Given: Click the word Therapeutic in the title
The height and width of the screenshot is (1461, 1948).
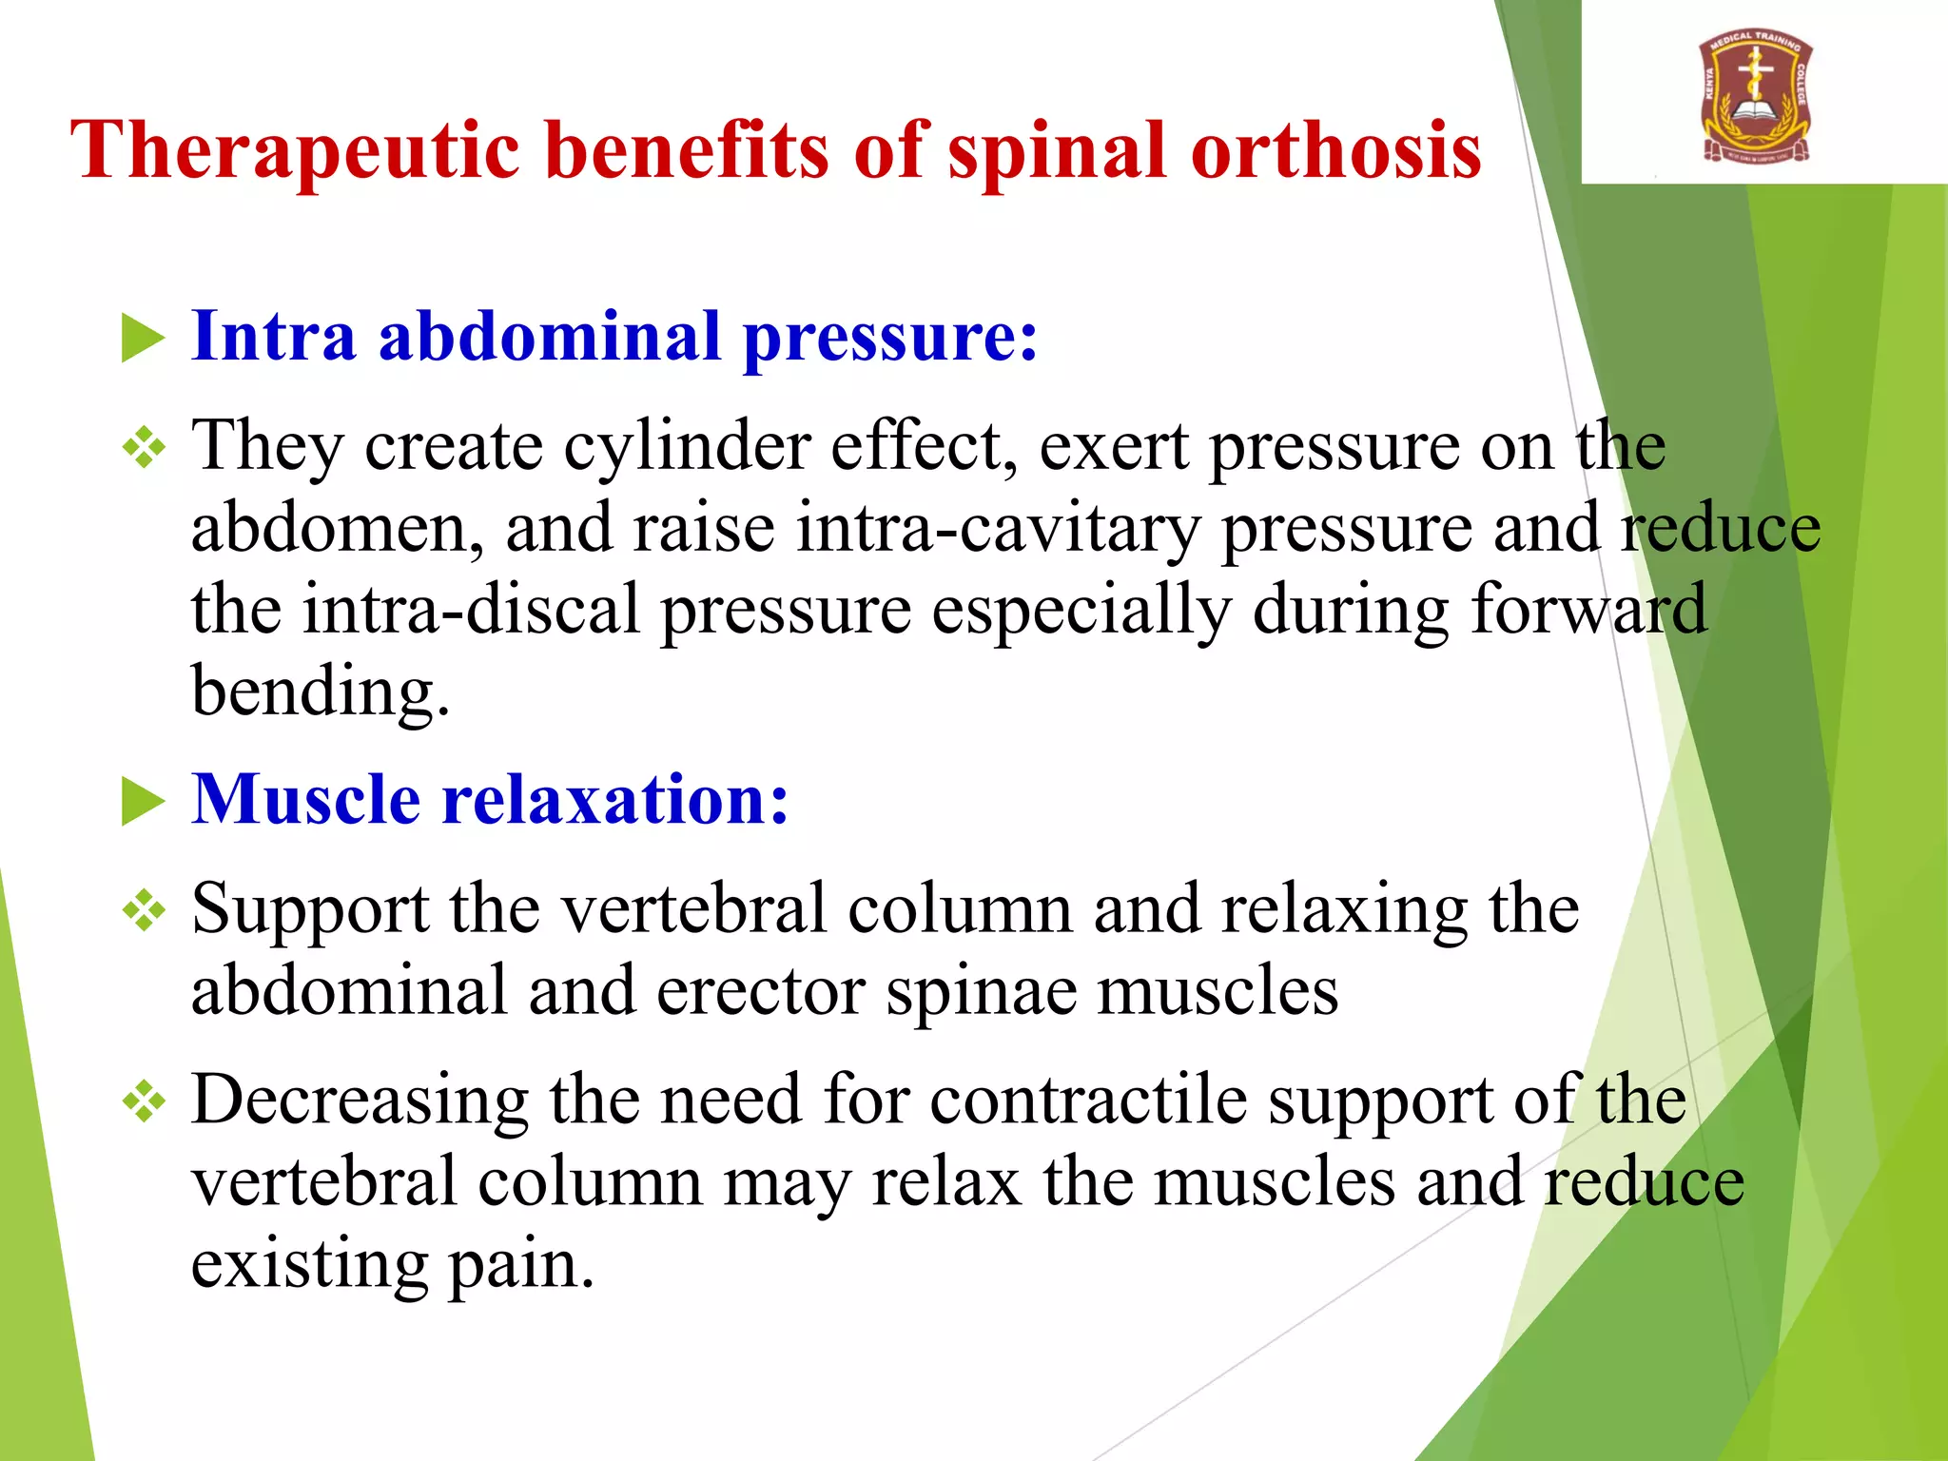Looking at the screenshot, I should (296, 150).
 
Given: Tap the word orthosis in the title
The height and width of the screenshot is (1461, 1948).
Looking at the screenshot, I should (1336, 150).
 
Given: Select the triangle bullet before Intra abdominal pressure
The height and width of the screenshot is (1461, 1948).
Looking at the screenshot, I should (144, 340).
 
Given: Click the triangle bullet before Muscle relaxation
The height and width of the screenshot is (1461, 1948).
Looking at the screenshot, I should (144, 801).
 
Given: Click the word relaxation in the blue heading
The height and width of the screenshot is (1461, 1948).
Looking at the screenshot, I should (616, 799).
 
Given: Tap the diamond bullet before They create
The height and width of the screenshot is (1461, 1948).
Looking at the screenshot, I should (145, 447).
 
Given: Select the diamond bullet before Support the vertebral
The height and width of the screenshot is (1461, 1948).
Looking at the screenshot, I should (145, 911).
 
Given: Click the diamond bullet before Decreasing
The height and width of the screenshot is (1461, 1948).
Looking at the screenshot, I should (145, 1102).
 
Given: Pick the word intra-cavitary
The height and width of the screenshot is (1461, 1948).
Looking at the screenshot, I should (999, 529).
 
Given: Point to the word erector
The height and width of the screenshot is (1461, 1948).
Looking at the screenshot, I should (761, 991).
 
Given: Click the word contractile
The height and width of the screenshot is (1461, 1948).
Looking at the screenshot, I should (1088, 1101).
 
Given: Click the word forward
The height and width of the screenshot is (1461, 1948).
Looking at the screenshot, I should (1588, 610).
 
